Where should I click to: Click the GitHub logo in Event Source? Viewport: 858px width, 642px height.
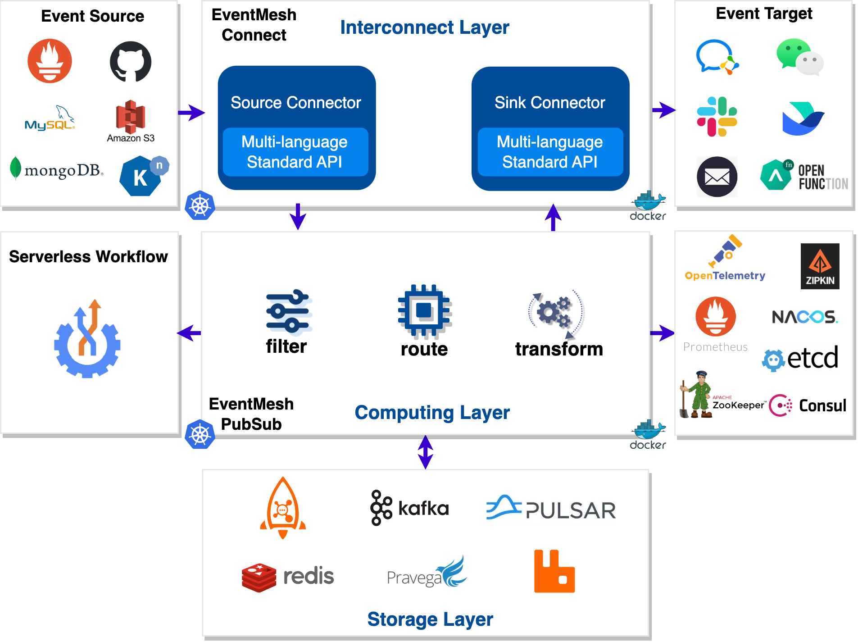pyautogui.click(x=131, y=62)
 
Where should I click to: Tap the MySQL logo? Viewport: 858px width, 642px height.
pyautogui.click(x=50, y=118)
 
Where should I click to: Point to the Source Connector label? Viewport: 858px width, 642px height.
pyautogui.click(x=296, y=103)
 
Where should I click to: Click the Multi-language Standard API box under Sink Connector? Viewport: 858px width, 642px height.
pyautogui.click(x=550, y=152)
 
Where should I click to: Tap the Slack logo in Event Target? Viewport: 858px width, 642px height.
pyautogui.click(x=717, y=117)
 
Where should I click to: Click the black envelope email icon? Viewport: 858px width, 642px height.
pyautogui.click(x=717, y=177)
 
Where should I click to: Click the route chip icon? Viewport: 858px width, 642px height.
pyautogui.click(x=424, y=311)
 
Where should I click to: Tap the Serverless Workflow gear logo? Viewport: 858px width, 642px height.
pyautogui.click(x=87, y=339)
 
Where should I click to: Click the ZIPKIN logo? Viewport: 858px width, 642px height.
pyautogui.click(x=820, y=266)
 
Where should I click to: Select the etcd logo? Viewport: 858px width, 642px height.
pyautogui.click(x=800, y=359)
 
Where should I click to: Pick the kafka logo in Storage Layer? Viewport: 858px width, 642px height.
pyautogui.click(x=409, y=508)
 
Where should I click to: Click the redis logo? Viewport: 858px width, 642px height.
pyautogui.click(x=288, y=577)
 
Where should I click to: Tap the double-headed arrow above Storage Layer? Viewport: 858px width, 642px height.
pyautogui.click(x=426, y=452)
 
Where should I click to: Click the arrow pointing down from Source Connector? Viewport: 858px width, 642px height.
pyautogui.click(x=298, y=217)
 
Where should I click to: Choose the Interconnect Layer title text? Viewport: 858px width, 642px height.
pyautogui.click(x=425, y=27)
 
